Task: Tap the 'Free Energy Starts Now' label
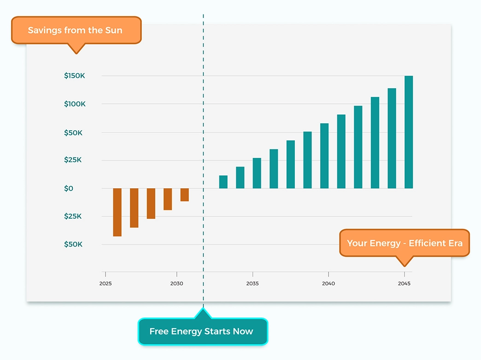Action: coord(202,331)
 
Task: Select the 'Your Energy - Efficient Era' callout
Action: coord(405,243)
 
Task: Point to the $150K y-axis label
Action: coord(75,76)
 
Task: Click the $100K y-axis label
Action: coord(75,104)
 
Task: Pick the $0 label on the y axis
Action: coord(69,188)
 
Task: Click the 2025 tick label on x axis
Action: coord(106,283)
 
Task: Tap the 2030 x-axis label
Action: coord(176,283)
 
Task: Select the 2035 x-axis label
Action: coord(252,283)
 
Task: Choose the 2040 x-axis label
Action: coord(328,283)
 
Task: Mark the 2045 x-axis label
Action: coord(404,283)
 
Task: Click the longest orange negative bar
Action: coord(117,212)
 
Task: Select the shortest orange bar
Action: coord(184,194)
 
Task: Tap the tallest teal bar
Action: coord(408,132)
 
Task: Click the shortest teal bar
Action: coord(223,182)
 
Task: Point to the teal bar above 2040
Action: coord(324,156)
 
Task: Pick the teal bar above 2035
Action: coord(257,173)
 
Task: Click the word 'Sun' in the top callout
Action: coord(114,30)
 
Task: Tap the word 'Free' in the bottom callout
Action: coord(159,331)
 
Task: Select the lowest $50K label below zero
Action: coord(73,244)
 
